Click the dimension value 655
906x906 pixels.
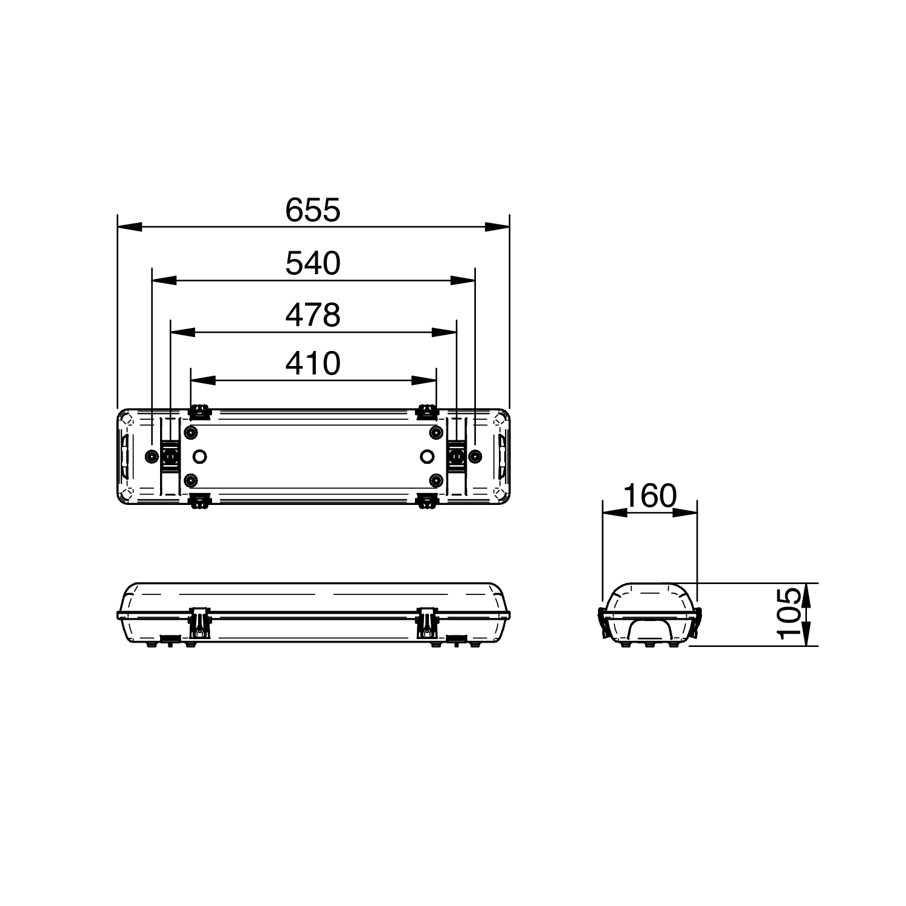(x=313, y=210)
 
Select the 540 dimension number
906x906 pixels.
(x=313, y=263)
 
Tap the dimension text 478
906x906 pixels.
(x=313, y=315)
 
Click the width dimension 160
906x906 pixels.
(x=650, y=496)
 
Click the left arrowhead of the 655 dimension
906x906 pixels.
(x=129, y=227)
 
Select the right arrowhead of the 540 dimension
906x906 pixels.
(x=463, y=280)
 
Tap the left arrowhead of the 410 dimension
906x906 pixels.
(x=203, y=381)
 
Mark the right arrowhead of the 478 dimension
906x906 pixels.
(x=445, y=332)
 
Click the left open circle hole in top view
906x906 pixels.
(x=200, y=456)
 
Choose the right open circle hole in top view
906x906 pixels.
(x=427, y=456)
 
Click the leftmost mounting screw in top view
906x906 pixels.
(x=152, y=456)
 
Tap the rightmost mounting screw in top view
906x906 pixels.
(x=475, y=456)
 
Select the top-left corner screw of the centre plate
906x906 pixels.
(x=191, y=432)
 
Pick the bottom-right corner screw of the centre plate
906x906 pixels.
(x=435, y=480)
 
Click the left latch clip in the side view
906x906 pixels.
(x=199, y=622)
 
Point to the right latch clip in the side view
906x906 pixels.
(x=427, y=622)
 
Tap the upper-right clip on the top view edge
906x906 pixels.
(x=427, y=413)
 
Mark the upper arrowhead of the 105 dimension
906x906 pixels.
(x=809, y=594)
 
